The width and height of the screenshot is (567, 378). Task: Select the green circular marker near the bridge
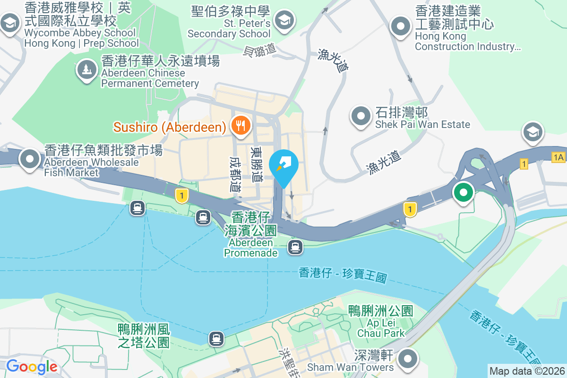click(x=464, y=193)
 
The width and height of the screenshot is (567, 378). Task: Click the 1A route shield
click(x=558, y=157)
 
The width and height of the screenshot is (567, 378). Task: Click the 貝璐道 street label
click(x=260, y=50)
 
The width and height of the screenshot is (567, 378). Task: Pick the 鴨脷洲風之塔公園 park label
click(x=144, y=336)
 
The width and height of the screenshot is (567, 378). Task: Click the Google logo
click(x=31, y=366)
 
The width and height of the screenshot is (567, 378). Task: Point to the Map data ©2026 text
click(x=527, y=371)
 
